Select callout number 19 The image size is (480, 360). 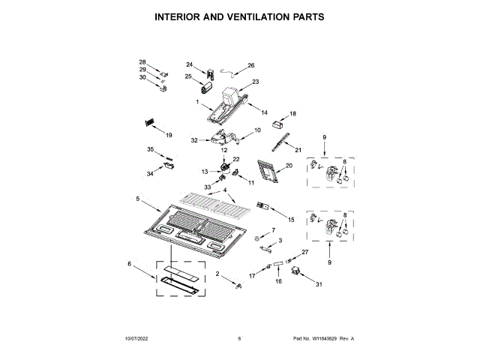click(169, 135)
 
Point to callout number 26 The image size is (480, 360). click(251, 66)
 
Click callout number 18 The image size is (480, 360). click(293, 113)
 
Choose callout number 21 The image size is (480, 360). click(297, 149)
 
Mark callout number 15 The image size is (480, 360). click(292, 218)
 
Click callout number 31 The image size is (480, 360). click(318, 284)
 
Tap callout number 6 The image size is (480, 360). click(129, 264)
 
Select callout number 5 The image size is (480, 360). click(138, 199)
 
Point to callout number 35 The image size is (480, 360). click(150, 149)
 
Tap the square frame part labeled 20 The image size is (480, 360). click(266, 172)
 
